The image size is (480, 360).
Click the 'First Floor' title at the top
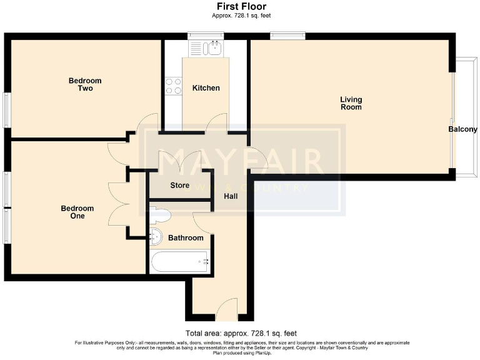pyautogui.click(x=240, y=6)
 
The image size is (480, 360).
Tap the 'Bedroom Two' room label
pyautogui.click(x=85, y=84)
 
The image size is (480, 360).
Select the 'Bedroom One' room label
pyautogui.click(x=77, y=212)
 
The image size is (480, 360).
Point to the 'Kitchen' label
pyautogui.click(x=206, y=88)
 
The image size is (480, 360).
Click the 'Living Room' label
pyautogui.click(x=351, y=103)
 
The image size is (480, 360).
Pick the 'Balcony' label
pyautogui.click(x=462, y=130)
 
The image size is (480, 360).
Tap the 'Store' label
pyautogui.click(x=179, y=186)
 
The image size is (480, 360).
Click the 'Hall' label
pyautogui.click(x=231, y=196)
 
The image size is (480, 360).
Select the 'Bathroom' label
pyautogui.click(x=185, y=238)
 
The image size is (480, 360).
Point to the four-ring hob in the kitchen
pyautogui.click(x=173, y=86)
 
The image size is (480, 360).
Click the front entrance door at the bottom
pyautogui.click(x=223, y=309)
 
